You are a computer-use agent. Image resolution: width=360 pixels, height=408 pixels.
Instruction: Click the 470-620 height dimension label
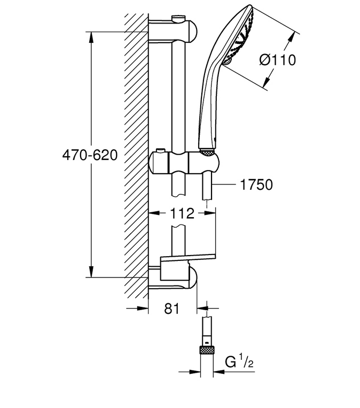click(x=90, y=156)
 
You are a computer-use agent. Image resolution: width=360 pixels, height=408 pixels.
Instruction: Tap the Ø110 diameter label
click(x=277, y=60)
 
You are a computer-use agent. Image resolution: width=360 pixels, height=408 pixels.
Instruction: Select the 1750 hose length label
click(x=256, y=184)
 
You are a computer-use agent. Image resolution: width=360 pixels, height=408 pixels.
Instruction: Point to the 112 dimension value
click(x=182, y=213)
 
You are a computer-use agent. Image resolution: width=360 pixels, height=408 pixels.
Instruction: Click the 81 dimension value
click(x=172, y=309)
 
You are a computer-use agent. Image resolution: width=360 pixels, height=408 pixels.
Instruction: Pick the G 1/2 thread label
click(x=239, y=362)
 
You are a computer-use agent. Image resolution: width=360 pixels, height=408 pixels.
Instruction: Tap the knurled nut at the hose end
click(x=207, y=350)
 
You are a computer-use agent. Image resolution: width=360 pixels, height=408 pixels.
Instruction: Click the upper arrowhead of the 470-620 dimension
click(x=91, y=37)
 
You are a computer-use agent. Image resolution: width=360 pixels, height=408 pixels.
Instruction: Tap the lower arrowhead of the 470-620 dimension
click(x=91, y=272)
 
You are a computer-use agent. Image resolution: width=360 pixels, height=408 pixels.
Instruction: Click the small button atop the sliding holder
click(x=160, y=151)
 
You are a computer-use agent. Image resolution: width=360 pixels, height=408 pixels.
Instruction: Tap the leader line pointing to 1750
click(x=224, y=184)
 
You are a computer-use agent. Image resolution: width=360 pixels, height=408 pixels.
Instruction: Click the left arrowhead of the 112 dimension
click(x=154, y=213)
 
